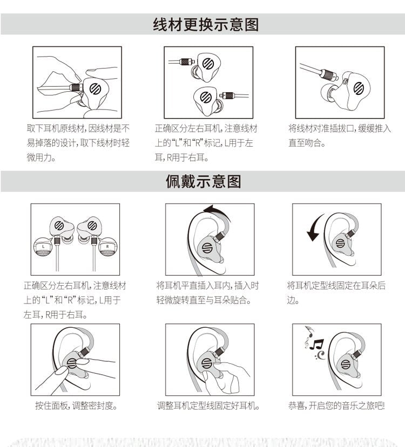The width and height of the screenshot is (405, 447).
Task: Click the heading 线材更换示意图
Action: point(206,24)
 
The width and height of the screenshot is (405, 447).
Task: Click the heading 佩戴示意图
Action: point(203,182)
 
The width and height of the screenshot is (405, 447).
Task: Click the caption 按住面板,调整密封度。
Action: point(76,405)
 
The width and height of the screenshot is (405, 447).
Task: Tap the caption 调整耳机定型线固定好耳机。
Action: point(208,405)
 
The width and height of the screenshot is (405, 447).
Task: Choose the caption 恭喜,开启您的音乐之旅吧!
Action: point(336,405)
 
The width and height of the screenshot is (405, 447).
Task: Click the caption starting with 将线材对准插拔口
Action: point(339,135)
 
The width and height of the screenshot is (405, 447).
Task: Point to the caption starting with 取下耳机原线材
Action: point(78,142)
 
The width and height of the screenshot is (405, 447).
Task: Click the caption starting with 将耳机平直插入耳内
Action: point(207,292)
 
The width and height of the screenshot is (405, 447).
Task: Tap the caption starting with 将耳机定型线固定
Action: point(336,292)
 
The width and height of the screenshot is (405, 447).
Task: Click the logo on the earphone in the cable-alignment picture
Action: point(359,88)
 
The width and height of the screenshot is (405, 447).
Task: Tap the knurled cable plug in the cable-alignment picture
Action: point(329,74)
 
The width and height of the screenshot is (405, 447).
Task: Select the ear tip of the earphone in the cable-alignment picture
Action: point(328,92)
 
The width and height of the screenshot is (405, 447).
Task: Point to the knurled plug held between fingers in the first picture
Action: point(76,87)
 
